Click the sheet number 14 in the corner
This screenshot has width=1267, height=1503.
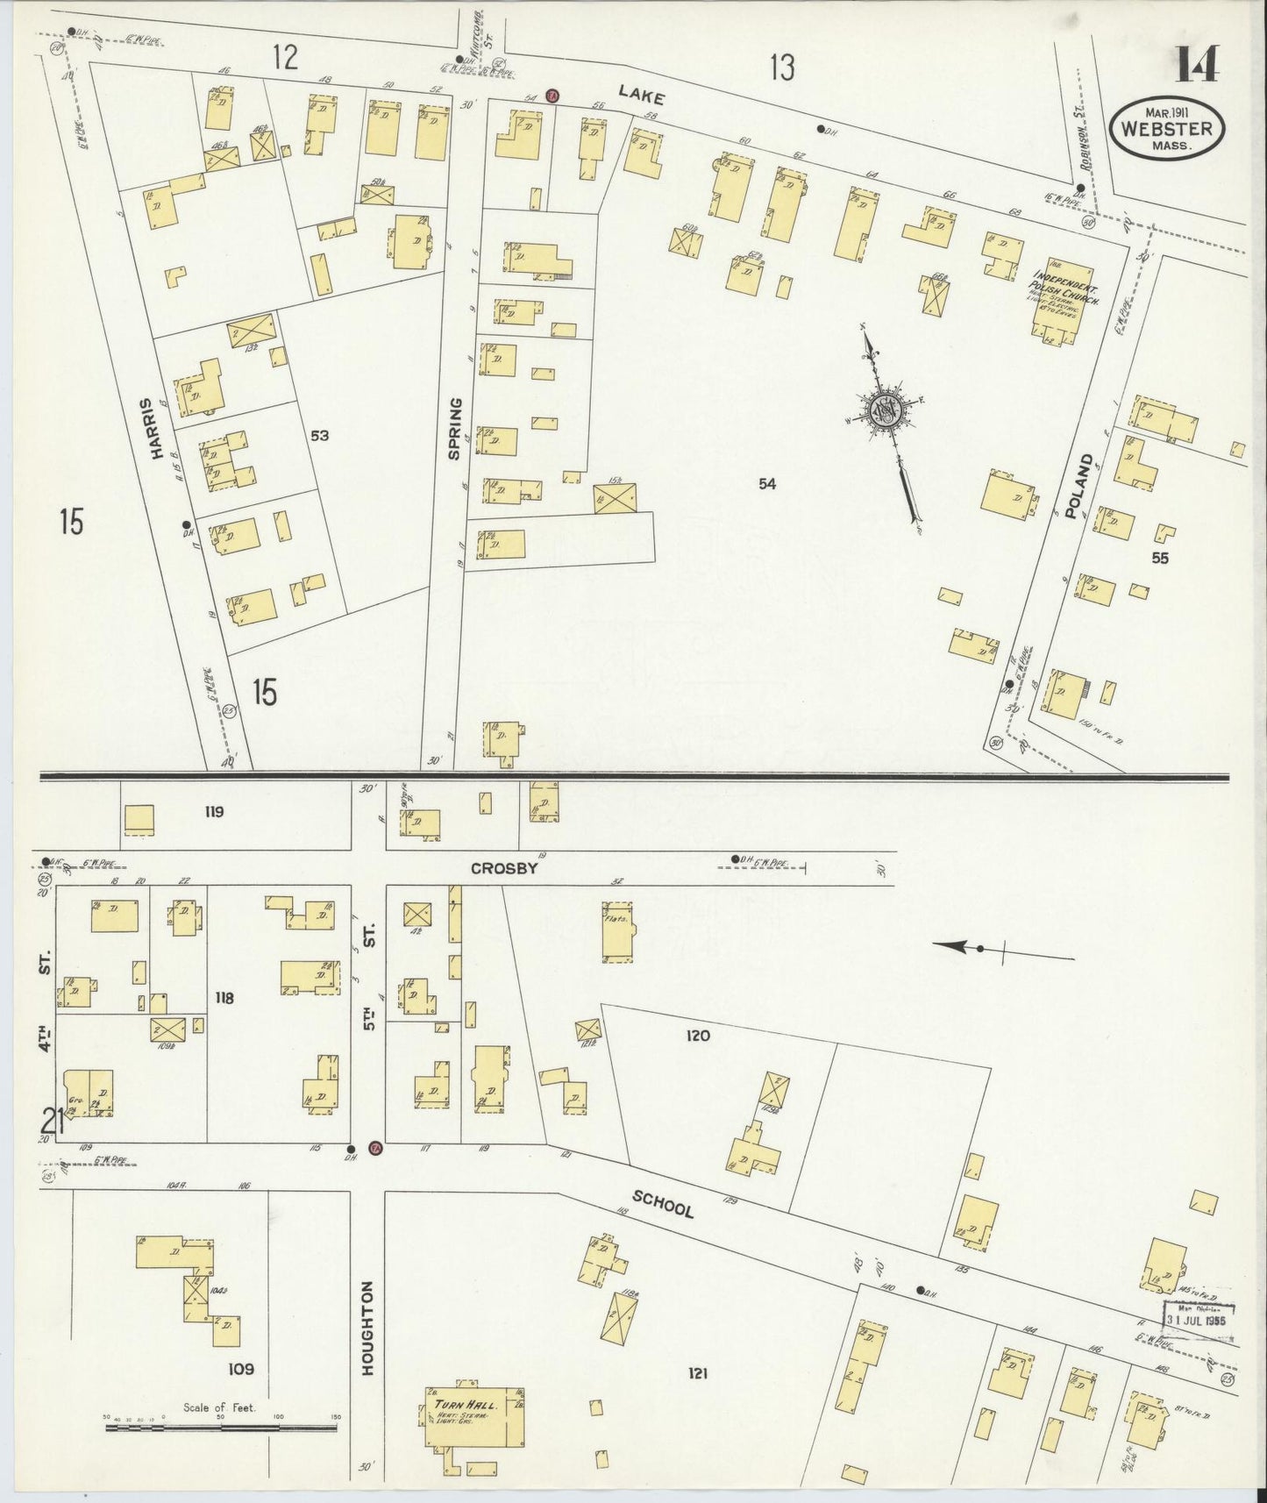(1198, 63)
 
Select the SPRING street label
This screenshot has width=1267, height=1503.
(454, 429)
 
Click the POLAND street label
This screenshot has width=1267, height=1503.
(1078, 487)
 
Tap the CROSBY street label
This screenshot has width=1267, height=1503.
(503, 867)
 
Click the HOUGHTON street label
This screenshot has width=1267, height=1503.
(368, 1328)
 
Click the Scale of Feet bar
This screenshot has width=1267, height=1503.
(221, 1428)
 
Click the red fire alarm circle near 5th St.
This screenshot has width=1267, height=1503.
(375, 1149)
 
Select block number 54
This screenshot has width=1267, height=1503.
(767, 483)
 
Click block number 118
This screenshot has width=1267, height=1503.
(224, 997)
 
